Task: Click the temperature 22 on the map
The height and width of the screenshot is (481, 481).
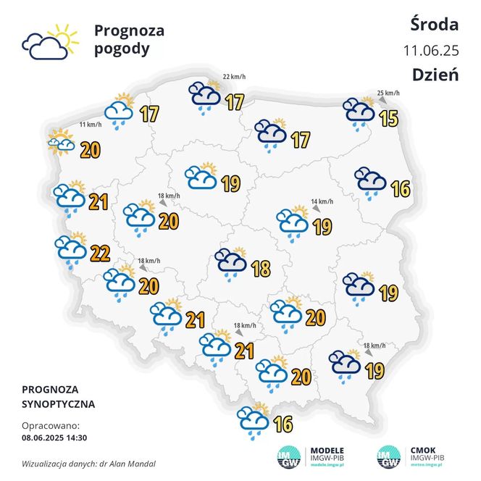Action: tap(100, 253)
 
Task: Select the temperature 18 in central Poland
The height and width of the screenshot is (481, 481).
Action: tap(260, 269)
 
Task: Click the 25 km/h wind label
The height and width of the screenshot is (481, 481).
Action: tap(388, 93)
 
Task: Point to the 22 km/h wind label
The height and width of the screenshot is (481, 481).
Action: tap(234, 77)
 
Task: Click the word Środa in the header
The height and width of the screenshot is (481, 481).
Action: tap(433, 25)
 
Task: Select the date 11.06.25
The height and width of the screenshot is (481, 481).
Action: tap(431, 50)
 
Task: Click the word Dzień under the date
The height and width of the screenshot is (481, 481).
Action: tap(435, 74)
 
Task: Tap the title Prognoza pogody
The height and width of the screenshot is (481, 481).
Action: tap(129, 40)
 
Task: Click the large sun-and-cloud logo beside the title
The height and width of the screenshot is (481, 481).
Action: tap(49, 42)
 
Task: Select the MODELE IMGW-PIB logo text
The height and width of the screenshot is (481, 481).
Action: tap(326, 454)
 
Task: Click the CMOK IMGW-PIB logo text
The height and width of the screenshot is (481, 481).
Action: tap(427, 454)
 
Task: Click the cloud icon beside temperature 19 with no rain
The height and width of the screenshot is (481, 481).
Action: tap(201, 176)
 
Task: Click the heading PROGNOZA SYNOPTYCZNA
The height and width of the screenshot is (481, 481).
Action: tap(58, 396)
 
